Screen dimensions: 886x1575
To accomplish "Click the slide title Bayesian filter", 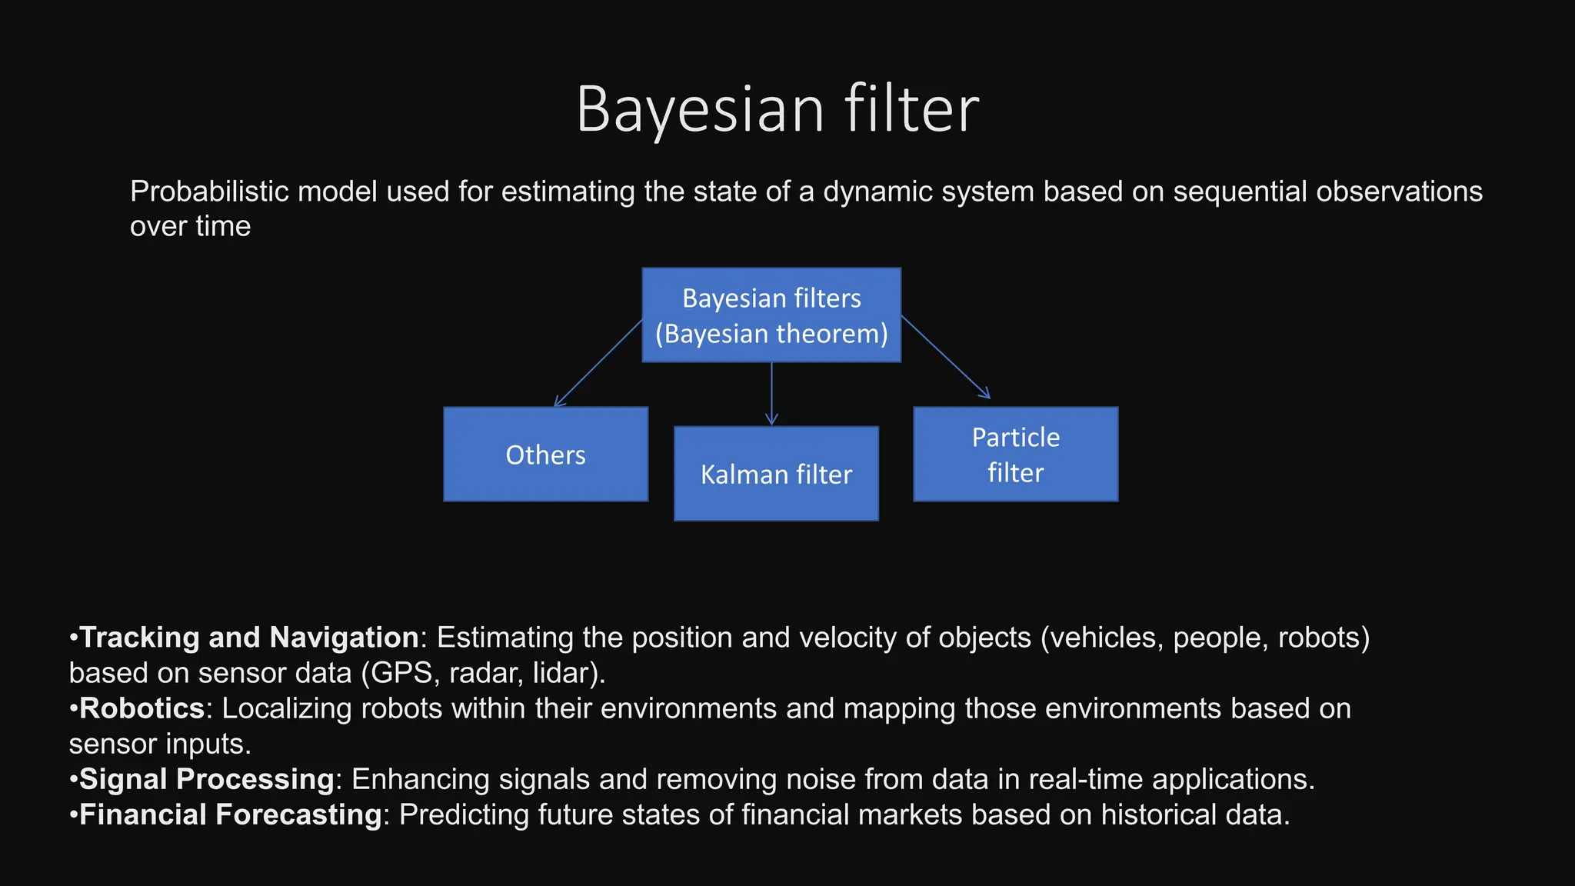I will (778, 108).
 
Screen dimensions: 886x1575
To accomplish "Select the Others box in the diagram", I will (545, 455).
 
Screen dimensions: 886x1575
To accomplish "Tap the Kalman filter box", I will (776, 474).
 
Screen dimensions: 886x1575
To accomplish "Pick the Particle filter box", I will (1015, 455).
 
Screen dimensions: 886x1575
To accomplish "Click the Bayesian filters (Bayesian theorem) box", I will (771, 315).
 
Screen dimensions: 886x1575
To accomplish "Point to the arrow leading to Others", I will (598, 362).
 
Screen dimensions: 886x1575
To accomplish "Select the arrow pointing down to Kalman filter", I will (771, 393).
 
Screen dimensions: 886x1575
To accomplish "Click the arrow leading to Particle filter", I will (945, 357).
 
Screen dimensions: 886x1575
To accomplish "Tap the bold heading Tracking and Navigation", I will (249, 638).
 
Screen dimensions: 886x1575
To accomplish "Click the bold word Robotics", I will (142, 708).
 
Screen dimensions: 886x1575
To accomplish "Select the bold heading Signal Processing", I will (207, 779).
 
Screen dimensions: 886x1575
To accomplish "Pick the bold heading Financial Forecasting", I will (231, 814).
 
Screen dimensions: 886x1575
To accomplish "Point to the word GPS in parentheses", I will (400, 673).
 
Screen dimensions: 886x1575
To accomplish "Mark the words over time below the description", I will (190, 226).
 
